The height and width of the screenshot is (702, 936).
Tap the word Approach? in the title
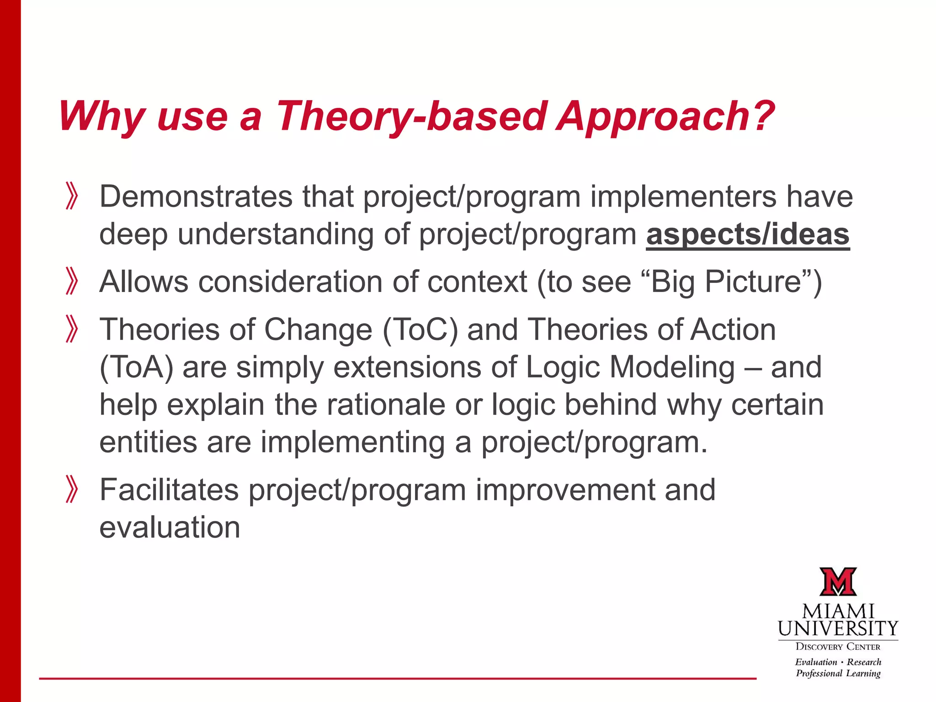pos(665,117)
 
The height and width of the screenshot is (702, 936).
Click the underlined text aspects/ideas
pos(748,234)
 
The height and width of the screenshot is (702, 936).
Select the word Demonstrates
pos(196,197)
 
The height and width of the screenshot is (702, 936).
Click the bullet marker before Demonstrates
pos(72,196)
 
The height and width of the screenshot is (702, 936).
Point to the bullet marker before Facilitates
pos(72,489)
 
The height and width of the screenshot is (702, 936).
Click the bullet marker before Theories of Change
pos(72,329)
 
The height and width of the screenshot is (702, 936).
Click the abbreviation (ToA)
pos(136,367)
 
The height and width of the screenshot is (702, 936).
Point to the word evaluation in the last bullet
pos(170,527)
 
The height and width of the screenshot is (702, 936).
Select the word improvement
pos(565,490)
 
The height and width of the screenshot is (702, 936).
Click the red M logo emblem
pos(838,582)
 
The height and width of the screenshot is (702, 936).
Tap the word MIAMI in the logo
pos(838,612)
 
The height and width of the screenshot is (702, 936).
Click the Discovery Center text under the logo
pos(838,647)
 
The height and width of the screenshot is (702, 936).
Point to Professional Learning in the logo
pos(838,673)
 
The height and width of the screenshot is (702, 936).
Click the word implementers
pos(683,197)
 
